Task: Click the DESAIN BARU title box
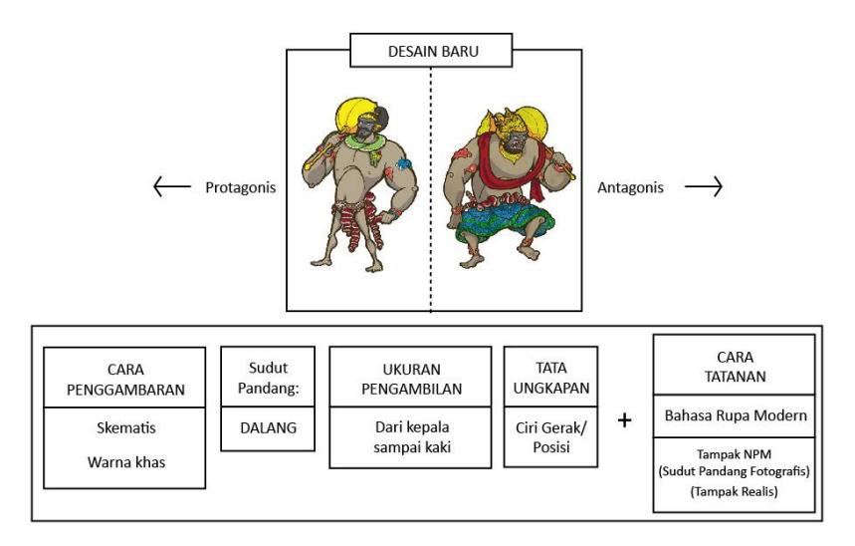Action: pyautogui.click(x=431, y=50)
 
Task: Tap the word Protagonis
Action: pyautogui.click(x=241, y=188)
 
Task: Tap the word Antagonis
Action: pyautogui.click(x=630, y=187)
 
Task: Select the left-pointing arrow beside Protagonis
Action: pyautogui.click(x=172, y=186)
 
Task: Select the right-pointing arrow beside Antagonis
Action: pyautogui.click(x=704, y=186)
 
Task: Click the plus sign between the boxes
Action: pyautogui.click(x=625, y=419)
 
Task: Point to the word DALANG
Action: pyautogui.click(x=269, y=428)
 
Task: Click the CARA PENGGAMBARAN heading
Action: pyautogui.click(x=125, y=380)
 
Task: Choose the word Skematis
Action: pyautogui.click(x=126, y=427)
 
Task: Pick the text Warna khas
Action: pyautogui.click(x=126, y=462)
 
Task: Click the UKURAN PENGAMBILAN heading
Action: pyautogui.click(x=412, y=379)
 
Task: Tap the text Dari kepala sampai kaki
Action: pyautogui.click(x=412, y=437)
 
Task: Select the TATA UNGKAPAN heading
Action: pyautogui.click(x=551, y=378)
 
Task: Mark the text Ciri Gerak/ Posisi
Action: pyautogui.click(x=551, y=437)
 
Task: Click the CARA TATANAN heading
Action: pyautogui.click(x=735, y=367)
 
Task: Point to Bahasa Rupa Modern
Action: pyautogui.click(x=735, y=415)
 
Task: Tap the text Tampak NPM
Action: pyautogui.click(x=734, y=454)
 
